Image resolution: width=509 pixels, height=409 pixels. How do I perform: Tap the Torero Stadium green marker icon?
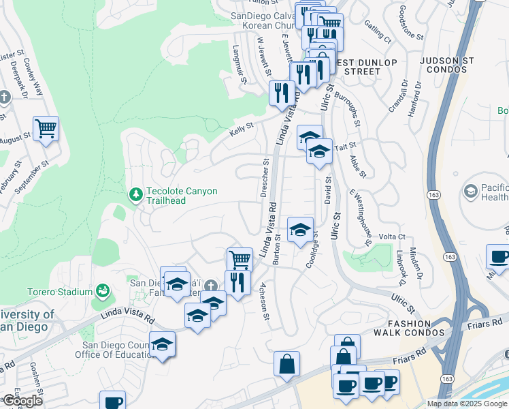[x=103, y=292]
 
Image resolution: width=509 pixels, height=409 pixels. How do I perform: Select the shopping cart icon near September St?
[x=46, y=128]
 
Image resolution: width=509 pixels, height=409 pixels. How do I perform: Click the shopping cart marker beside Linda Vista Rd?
[x=240, y=260]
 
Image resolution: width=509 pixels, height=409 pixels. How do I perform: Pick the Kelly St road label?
[x=241, y=127]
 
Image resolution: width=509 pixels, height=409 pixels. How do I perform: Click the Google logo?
[x=22, y=401]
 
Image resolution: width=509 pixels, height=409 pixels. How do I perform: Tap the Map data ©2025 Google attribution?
[x=466, y=404]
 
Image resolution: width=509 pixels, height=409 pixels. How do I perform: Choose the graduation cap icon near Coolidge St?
[x=300, y=230]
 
